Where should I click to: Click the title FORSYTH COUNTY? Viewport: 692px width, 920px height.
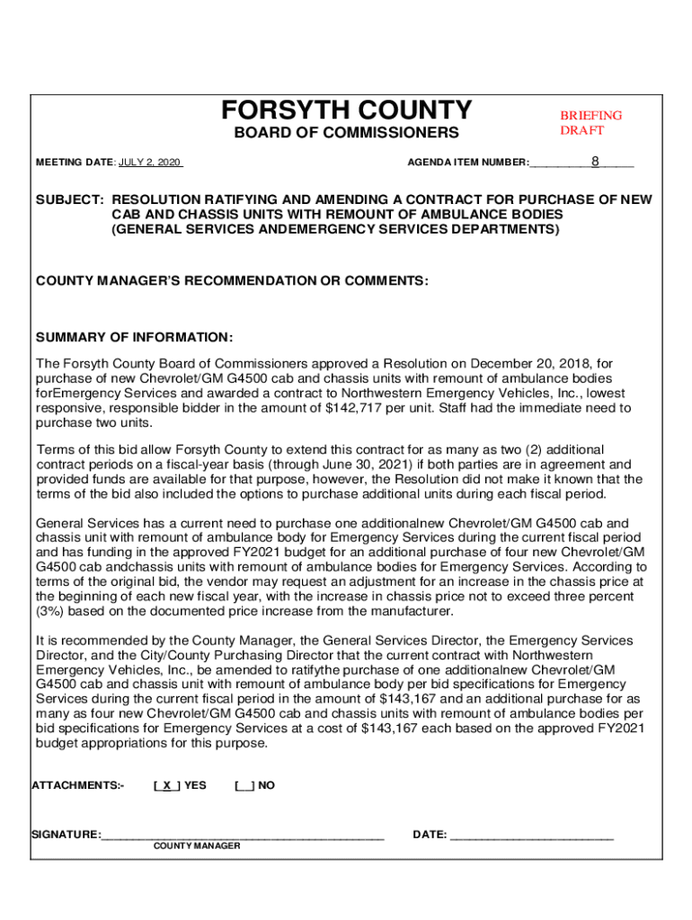coord(346,111)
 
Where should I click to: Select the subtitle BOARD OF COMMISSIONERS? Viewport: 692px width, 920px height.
coord(346,134)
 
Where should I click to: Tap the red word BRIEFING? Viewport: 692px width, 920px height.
coord(590,115)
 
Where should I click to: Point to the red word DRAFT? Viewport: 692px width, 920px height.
coord(581,130)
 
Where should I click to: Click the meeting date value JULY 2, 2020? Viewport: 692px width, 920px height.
coord(149,163)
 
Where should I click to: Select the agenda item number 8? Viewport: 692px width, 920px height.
coord(595,162)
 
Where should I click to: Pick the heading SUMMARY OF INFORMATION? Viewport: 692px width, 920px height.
coord(134,337)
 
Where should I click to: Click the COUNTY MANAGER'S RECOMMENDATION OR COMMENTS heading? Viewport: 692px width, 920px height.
coord(232,281)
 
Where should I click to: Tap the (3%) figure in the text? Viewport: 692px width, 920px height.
coord(51,612)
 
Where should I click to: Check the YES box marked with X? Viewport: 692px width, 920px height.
coord(166,785)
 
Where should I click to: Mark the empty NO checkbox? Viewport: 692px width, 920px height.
coord(243,785)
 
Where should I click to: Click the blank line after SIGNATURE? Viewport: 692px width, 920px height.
coord(243,836)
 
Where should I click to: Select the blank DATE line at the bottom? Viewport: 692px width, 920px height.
coord(531,836)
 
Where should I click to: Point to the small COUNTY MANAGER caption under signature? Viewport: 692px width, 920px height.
coord(196,846)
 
